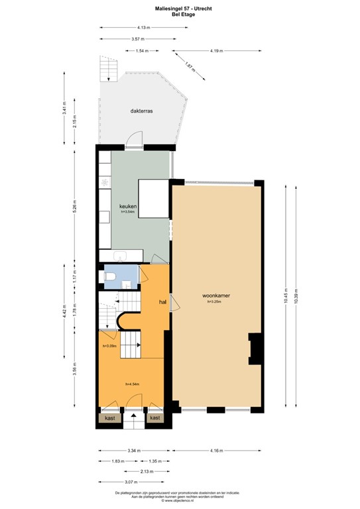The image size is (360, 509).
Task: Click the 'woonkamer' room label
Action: (x=216, y=296)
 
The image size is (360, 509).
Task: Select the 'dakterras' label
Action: (x=142, y=112)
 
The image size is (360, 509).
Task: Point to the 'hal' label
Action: (x=162, y=302)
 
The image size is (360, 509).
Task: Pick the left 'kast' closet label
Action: (x=108, y=418)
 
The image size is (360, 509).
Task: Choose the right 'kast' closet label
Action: (x=154, y=418)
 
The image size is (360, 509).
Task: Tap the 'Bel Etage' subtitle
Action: (x=180, y=13)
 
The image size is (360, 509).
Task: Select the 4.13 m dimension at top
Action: (x=143, y=27)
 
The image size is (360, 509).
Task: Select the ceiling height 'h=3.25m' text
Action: (x=216, y=302)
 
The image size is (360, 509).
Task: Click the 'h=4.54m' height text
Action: (x=131, y=384)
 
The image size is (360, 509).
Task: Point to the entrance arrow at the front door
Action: (x=133, y=417)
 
